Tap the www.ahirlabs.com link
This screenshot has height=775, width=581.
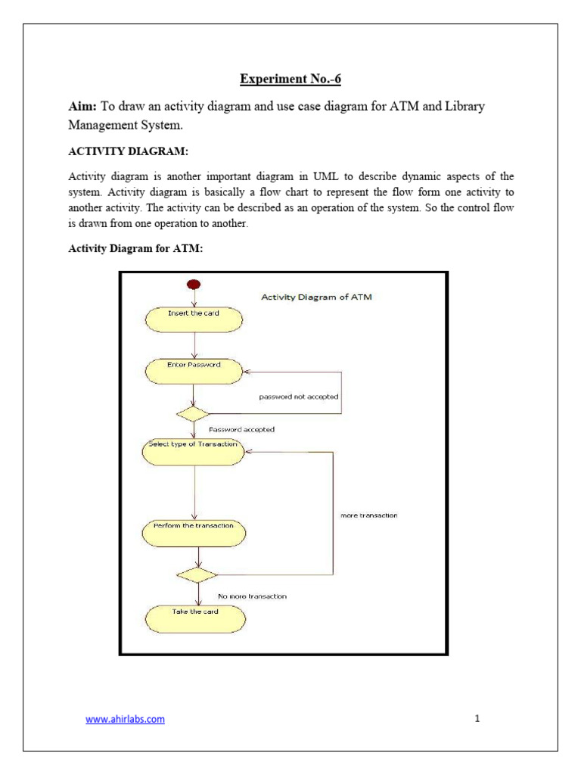(x=125, y=719)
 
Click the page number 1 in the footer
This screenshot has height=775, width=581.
(x=477, y=719)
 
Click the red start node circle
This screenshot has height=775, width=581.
(x=194, y=285)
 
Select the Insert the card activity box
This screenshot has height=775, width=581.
(x=194, y=319)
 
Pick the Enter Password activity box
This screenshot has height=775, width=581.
(x=194, y=370)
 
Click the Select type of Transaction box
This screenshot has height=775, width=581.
(x=194, y=451)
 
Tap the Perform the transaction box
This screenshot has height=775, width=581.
(x=194, y=531)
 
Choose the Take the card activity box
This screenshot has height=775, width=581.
(x=195, y=618)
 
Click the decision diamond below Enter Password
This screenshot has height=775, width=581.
(x=193, y=414)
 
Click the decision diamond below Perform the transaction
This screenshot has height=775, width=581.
(x=197, y=574)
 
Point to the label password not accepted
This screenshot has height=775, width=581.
(x=299, y=397)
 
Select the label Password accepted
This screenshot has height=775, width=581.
(x=241, y=429)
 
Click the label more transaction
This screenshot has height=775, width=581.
(x=368, y=515)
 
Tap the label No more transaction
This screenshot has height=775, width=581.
(x=252, y=596)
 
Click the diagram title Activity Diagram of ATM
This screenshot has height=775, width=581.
(x=316, y=297)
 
